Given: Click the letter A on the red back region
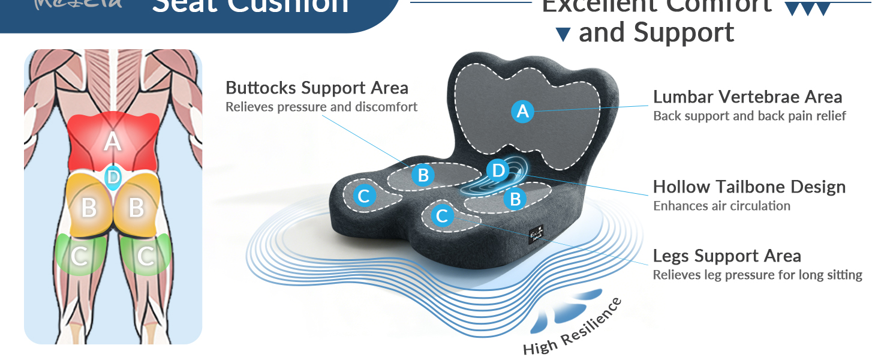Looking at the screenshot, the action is tap(112, 142).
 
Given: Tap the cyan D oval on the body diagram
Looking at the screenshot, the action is tap(113, 177).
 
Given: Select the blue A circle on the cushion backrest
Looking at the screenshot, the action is tap(522, 111).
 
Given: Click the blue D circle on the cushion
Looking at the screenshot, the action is tap(498, 171).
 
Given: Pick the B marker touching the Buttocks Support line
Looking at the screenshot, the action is tap(423, 175).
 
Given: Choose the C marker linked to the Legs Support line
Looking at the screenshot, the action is tap(443, 215).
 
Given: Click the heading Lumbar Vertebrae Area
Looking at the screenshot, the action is tap(747, 97).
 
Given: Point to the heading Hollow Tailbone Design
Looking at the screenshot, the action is tap(749, 187).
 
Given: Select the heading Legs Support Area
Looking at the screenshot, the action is tap(727, 256).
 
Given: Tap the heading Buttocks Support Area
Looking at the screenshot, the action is tap(317, 88).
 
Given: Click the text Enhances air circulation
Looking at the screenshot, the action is tap(721, 206).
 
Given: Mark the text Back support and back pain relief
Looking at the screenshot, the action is tap(749, 116).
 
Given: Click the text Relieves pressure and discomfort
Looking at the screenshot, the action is tap(321, 107).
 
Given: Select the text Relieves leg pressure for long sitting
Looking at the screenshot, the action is tap(757, 275).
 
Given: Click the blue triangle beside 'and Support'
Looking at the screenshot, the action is tap(563, 35).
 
